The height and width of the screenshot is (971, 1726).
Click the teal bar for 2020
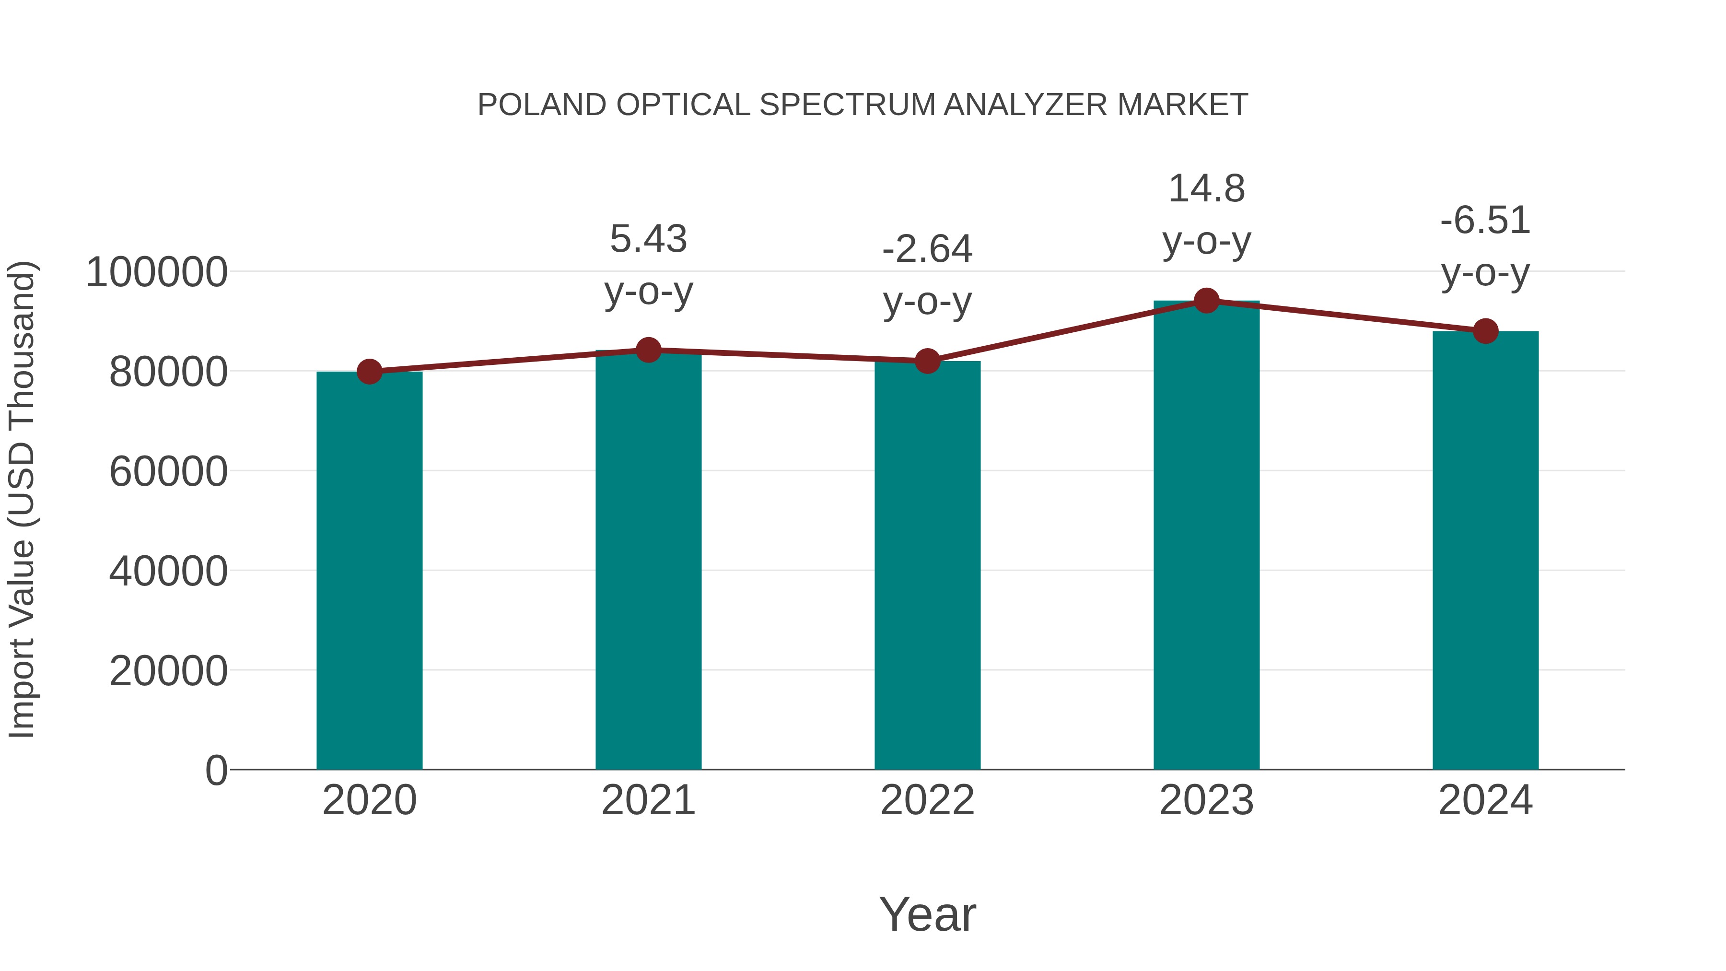pos(369,570)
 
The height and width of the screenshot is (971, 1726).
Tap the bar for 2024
pos(1485,550)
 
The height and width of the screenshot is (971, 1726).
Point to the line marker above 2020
pos(369,371)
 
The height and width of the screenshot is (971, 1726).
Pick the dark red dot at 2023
pos(1207,301)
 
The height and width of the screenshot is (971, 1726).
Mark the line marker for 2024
pos(1485,331)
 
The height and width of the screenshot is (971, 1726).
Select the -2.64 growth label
pos(927,249)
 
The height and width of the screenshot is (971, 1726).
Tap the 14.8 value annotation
pos(1207,189)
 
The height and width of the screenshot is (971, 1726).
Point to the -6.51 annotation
pos(1485,221)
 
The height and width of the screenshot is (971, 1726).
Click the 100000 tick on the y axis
pos(157,273)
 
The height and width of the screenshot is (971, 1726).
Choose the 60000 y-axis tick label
pos(168,472)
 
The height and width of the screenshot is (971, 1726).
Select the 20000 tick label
pos(168,671)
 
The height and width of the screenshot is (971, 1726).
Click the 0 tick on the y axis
pos(216,771)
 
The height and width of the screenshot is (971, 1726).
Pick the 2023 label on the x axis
pos(1207,801)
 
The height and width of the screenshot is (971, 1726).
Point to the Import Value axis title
pos(22,500)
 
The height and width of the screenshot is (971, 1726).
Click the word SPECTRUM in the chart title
pos(847,105)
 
